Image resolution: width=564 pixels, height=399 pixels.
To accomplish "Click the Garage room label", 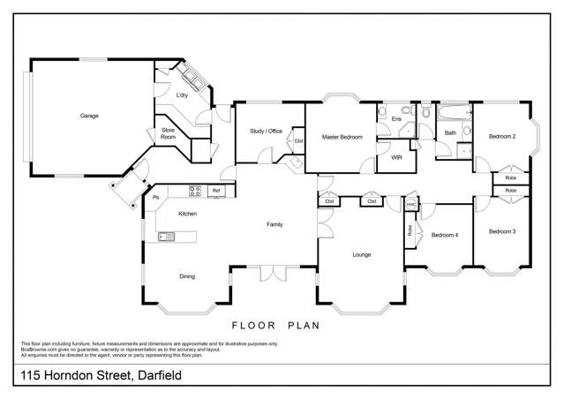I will tap(89, 116).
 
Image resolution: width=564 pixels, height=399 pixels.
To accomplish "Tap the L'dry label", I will tap(183, 95).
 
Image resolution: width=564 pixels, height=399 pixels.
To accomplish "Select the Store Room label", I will tap(168, 134).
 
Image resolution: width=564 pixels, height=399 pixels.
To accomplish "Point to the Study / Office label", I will tap(265, 132).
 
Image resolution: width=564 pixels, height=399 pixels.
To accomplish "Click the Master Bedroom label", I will tap(342, 138).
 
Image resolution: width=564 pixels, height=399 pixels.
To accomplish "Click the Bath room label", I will tap(450, 133).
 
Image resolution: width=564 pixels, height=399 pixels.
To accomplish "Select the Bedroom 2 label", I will tap(502, 137).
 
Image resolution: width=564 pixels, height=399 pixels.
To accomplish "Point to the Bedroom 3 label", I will tap(502, 231).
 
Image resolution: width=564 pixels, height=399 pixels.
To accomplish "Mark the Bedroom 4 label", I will tap(445, 235).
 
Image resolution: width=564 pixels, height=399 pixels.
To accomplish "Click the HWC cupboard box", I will tap(410, 204).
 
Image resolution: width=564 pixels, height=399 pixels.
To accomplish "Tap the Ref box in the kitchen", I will tap(216, 191).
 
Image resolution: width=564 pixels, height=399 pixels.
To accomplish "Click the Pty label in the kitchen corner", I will tap(156, 197).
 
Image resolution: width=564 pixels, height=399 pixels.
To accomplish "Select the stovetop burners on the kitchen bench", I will tap(195, 190).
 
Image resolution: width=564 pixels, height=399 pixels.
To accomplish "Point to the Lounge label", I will tap(361, 255).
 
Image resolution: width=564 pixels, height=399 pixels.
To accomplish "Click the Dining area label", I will tap(187, 277).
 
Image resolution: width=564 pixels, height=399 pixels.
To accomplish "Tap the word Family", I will tap(274, 225).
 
